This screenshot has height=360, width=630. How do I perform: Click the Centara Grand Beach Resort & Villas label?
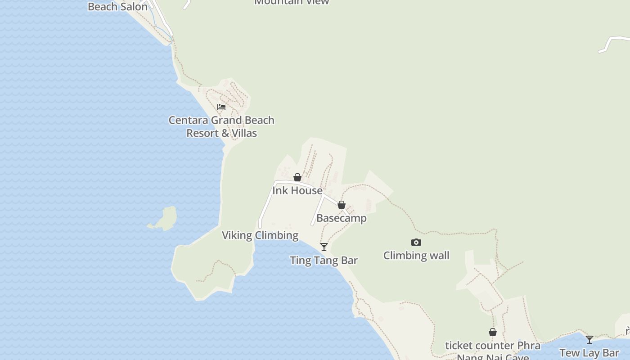pos(221,126)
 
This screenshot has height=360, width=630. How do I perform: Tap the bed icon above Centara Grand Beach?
pos(221,107)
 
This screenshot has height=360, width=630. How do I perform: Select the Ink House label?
pos(297,190)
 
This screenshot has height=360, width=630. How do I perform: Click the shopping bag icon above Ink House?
pos(297,177)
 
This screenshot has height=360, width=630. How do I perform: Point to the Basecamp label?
pos(341,218)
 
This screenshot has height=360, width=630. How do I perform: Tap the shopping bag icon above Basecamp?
pos(342,205)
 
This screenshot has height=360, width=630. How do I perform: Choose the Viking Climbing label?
pos(260,235)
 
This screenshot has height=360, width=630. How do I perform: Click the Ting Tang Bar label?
pos(324,260)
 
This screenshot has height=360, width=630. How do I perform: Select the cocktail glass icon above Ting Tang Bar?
pos(324,247)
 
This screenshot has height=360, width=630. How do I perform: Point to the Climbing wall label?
pos(416,256)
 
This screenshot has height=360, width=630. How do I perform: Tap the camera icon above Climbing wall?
pos(416,243)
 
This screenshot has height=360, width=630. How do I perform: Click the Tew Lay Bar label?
pos(589,352)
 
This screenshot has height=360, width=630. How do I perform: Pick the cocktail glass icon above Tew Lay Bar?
pos(589,339)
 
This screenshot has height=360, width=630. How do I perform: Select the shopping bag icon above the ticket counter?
pos(493,333)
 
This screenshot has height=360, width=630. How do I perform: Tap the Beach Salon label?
pos(117,6)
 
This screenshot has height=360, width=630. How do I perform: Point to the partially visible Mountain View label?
pos(292,2)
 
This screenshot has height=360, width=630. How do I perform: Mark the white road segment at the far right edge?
pos(614,42)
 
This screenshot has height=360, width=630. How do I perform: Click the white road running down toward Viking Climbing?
pos(266,202)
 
